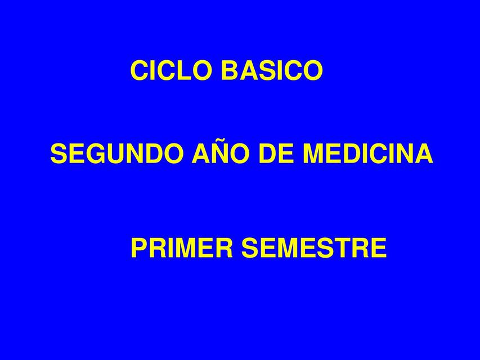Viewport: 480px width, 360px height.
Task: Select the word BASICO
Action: click(x=272, y=70)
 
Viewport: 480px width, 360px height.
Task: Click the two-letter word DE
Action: click(x=279, y=154)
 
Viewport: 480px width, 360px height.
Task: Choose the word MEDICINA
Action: click(x=368, y=154)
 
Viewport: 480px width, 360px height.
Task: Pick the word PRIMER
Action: click(x=182, y=247)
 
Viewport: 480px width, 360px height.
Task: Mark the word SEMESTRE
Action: click(x=314, y=247)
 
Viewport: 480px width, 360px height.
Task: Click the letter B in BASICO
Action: click(x=230, y=70)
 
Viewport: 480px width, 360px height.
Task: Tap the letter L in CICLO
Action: click(x=179, y=70)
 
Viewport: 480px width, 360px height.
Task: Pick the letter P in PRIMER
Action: click(x=140, y=247)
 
